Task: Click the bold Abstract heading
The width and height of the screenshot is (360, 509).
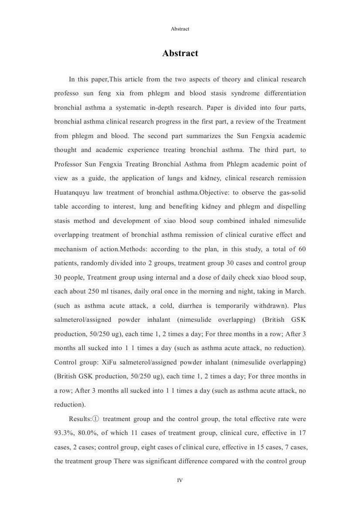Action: click(180, 53)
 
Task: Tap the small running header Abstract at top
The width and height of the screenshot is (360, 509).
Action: click(180, 29)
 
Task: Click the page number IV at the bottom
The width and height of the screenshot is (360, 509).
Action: click(180, 480)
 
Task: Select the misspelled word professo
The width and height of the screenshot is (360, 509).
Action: click(67, 93)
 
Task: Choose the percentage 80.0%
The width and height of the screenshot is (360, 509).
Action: click(89, 433)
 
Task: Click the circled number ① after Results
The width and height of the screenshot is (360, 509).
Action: click(95, 419)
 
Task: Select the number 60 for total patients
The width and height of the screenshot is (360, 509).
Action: click(302, 249)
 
